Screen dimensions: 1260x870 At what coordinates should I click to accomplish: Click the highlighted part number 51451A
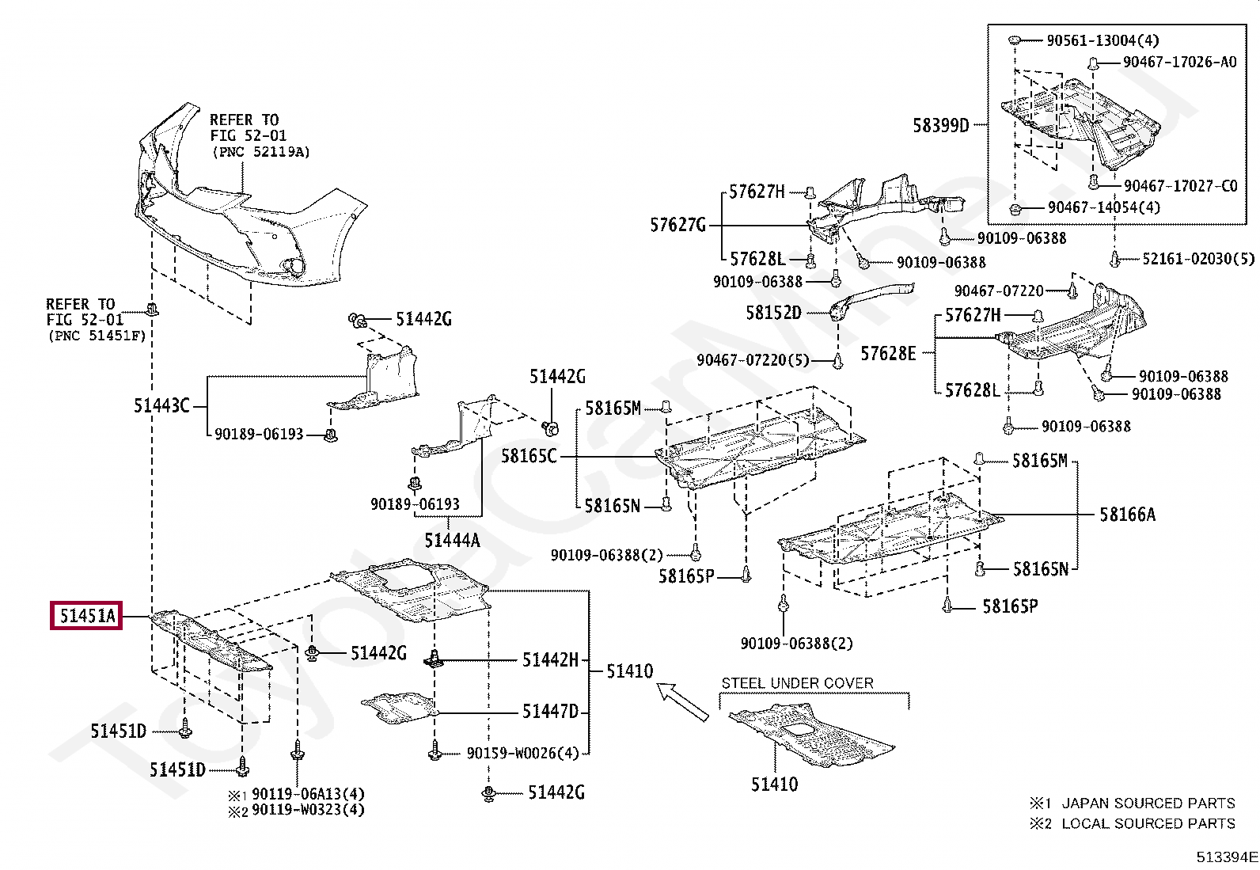tap(86, 616)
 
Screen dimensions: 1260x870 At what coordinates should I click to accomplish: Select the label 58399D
tap(941, 126)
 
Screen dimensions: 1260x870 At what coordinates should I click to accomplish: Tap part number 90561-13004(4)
tap(1102, 40)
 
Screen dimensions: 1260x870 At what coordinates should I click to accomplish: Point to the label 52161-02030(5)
tap(1198, 259)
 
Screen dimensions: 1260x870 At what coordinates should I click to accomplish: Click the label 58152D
tap(773, 313)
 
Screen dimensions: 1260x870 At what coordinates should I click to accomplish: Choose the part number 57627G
tap(677, 225)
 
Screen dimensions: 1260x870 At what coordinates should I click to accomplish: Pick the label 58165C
tap(529, 456)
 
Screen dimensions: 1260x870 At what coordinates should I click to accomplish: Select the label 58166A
tap(1127, 515)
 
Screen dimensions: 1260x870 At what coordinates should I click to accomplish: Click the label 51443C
tap(161, 406)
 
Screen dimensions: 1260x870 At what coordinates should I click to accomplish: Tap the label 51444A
tap(452, 541)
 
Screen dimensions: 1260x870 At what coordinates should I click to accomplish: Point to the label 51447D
tap(550, 712)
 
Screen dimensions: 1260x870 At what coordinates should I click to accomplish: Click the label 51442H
tap(550, 659)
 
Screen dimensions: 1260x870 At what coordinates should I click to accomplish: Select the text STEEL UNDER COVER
tap(797, 683)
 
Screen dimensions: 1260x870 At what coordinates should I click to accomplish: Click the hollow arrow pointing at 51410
tap(682, 701)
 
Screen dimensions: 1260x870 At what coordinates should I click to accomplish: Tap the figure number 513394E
tap(1227, 857)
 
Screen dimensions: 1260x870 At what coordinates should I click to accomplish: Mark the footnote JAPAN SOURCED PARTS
tap(1148, 803)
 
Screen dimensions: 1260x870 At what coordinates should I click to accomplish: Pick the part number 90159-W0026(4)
tap(523, 753)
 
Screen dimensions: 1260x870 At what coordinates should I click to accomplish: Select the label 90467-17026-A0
tap(1180, 62)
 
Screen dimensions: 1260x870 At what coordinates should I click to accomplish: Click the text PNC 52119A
tap(261, 152)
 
